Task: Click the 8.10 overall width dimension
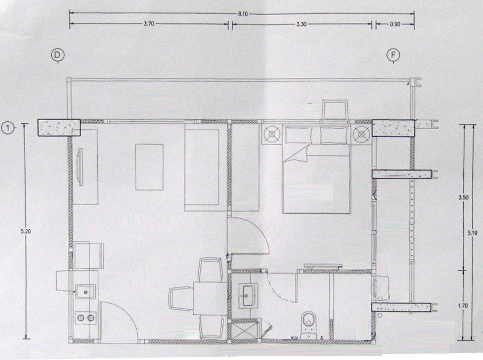point(243,14)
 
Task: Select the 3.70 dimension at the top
point(149,24)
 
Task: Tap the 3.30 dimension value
point(301,25)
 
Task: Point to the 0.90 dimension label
point(395,25)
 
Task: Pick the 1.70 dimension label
point(463,306)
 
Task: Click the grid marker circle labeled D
point(58,56)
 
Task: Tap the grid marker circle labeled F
point(393,56)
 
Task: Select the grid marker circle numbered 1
point(7,128)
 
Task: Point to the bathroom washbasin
point(248,295)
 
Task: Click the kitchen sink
point(85,291)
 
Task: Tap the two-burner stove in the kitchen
point(85,318)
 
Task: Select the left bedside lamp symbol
point(272,134)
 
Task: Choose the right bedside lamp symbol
point(361,134)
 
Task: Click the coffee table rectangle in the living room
point(150,167)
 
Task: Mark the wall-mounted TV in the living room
point(80,167)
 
